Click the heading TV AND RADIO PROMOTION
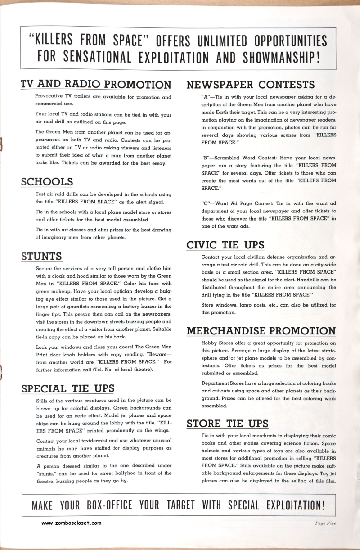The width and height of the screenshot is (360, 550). click(x=96, y=85)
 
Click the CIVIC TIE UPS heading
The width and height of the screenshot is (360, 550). click(x=225, y=245)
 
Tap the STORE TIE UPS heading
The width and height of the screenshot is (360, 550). click(x=227, y=424)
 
